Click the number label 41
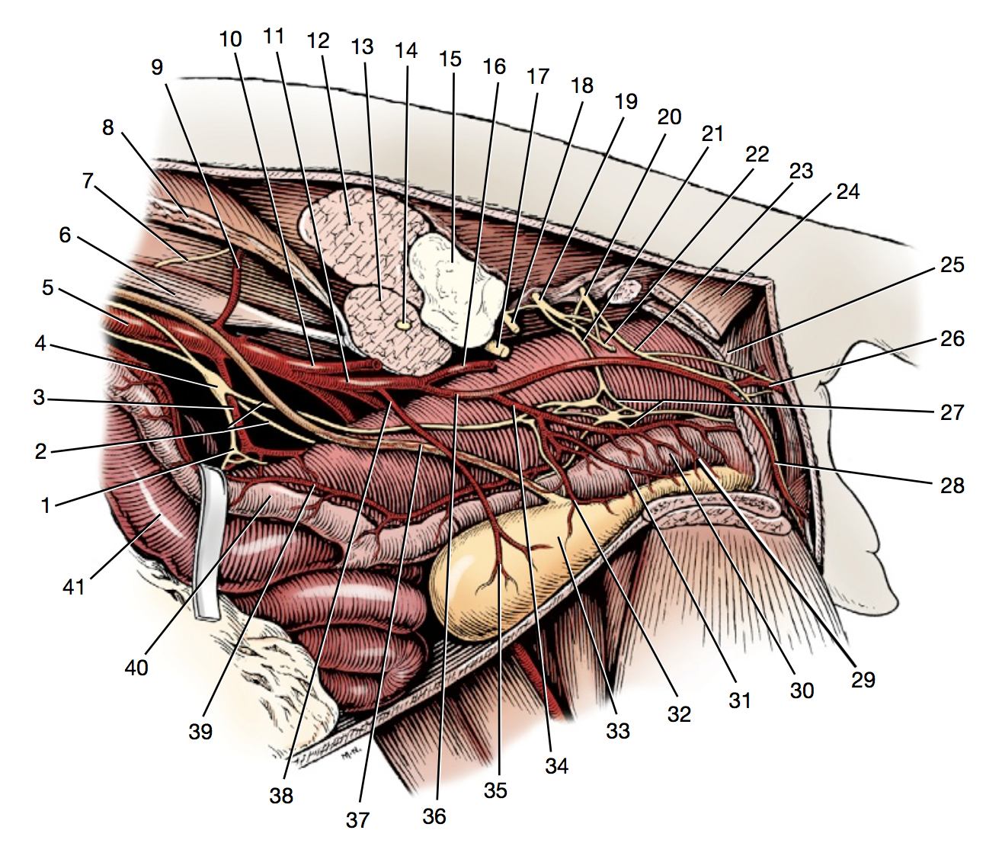[74, 587]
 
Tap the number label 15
[450, 59]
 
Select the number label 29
[863, 678]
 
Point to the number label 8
[108, 127]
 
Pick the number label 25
[952, 264]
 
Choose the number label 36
[434, 816]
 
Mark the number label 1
[46, 505]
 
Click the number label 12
[318, 40]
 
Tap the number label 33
[618, 731]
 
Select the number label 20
[669, 117]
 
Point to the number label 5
[47, 287]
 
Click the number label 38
[281, 796]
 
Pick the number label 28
[952, 485]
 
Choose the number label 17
[538, 76]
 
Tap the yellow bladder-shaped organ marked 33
[503, 564]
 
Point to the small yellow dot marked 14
[405, 325]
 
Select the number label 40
[136, 668]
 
